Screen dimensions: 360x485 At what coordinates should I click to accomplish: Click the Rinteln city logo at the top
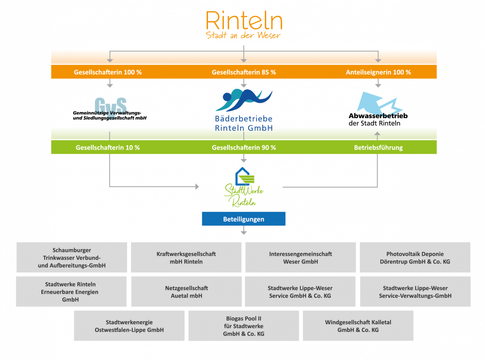(244, 24)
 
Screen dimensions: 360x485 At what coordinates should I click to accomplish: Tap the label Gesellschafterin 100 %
(108, 72)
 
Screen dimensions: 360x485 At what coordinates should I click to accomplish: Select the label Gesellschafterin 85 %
(244, 72)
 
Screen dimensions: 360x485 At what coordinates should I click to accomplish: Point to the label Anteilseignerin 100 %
(378, 72)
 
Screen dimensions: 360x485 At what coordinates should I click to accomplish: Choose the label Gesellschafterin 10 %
(108, 147)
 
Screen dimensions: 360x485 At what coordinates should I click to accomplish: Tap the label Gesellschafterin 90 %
(244, 147)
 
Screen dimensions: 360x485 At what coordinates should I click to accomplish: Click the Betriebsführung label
(378, 147)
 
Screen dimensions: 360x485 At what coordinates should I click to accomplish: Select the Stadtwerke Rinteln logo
(244, 188)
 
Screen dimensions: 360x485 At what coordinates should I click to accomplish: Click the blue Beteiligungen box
(244, 219)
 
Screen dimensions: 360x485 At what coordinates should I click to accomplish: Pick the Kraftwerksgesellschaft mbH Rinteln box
(186, 258)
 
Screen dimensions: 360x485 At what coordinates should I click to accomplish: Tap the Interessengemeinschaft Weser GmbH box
(300, 258)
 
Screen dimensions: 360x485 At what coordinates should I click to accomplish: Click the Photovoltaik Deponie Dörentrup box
(415, 258)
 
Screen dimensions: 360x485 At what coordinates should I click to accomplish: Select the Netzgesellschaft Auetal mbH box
(186, 292)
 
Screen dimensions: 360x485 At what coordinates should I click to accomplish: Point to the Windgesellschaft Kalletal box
(358, 326)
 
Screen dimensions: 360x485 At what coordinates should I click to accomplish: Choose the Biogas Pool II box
(244, 326)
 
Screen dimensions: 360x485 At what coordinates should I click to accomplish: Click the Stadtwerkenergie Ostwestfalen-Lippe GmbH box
(129, 326)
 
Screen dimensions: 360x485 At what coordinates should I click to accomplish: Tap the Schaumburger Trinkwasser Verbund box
(72, 258)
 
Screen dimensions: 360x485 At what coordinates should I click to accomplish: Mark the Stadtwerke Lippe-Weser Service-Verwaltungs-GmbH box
(415, 292)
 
